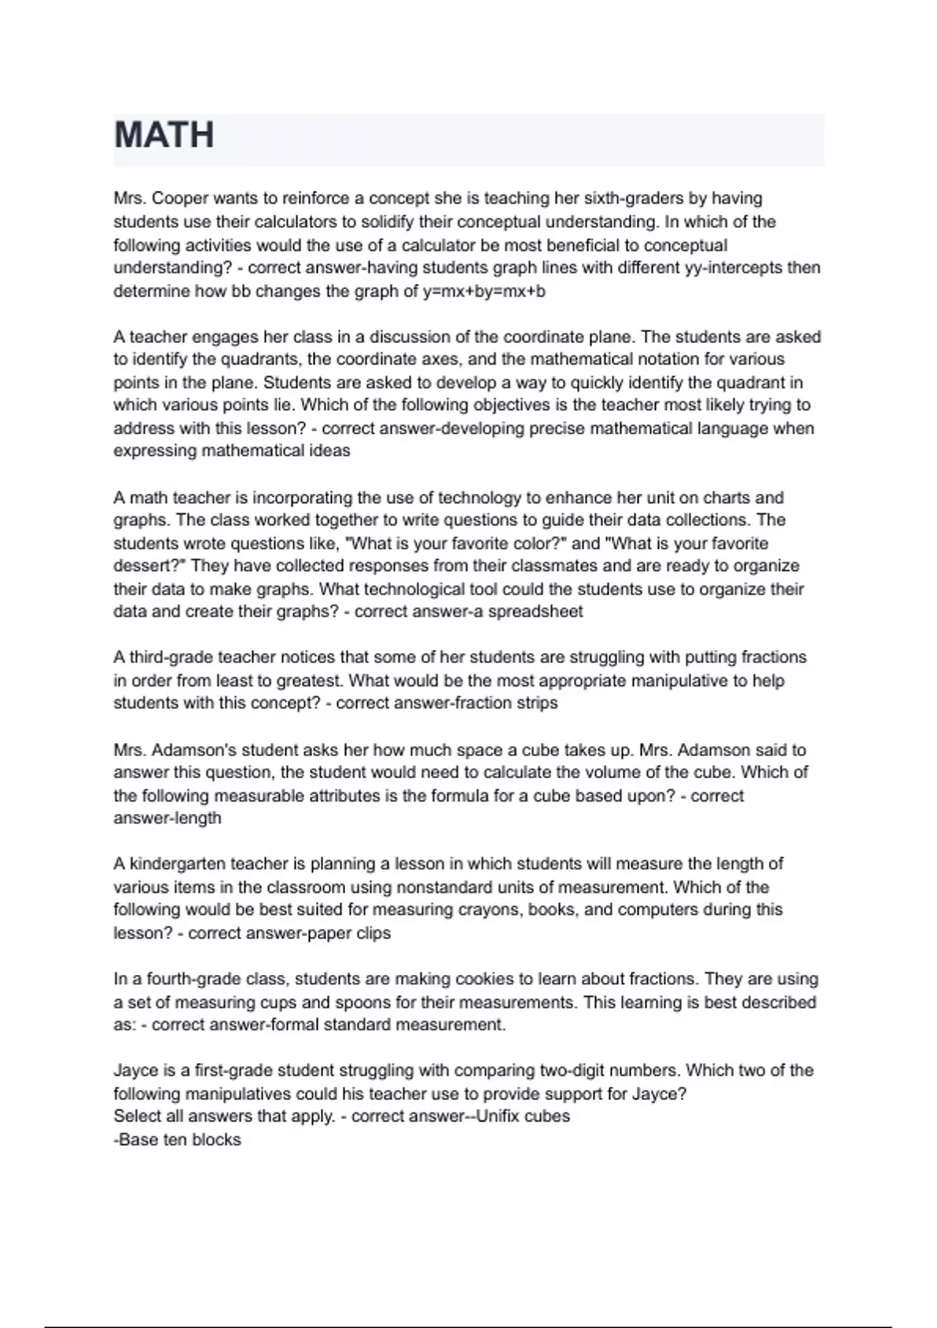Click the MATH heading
164,135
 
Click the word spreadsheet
535,612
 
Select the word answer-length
167,819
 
